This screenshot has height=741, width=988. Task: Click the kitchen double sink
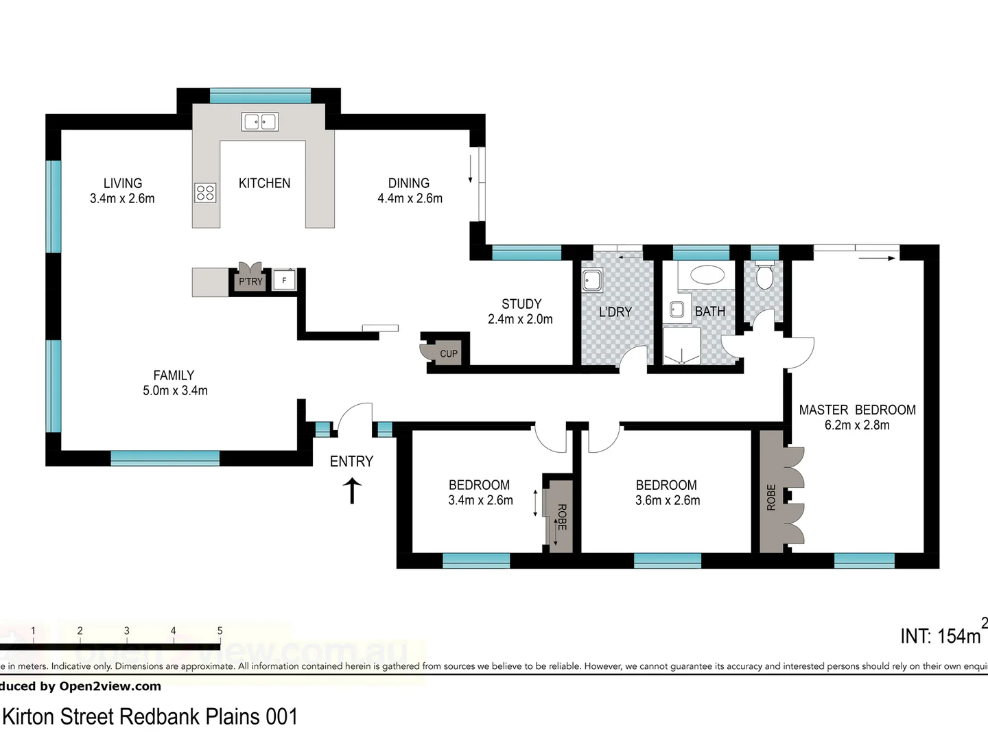(x=259, y=122)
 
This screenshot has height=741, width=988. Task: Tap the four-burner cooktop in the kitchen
(x=206, y=192)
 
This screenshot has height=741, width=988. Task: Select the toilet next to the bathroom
(x=764, y=276)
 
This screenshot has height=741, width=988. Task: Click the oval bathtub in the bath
(x=707, y=276)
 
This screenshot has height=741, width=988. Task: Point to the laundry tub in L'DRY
(x=592, y=281)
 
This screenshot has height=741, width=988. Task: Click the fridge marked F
(x=284, y=280)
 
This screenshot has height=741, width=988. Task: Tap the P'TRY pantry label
(x=250, y=281)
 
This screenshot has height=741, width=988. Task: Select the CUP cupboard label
(x=449, y=354)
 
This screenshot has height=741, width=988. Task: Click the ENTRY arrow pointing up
(x=352, y=491)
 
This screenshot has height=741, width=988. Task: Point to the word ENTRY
(x=351, y=462)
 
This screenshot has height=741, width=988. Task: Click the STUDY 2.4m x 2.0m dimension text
(x=520, y=319)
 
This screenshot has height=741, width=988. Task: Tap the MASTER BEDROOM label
(x=857, y=410)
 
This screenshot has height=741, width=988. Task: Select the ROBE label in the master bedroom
(x=771, y=497)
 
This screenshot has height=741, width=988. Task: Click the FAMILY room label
(x=174, y=375)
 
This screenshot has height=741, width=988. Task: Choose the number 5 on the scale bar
(x=220, y=631)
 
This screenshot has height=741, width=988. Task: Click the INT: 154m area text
(x=941, y=636)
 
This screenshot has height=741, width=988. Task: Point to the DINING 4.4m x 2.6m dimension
(x=410, y=198)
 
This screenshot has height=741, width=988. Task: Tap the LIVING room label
(x=123, y=183)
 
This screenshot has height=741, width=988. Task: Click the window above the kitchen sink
(x=260, y=96)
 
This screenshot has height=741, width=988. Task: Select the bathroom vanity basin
(x=677, y=309)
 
